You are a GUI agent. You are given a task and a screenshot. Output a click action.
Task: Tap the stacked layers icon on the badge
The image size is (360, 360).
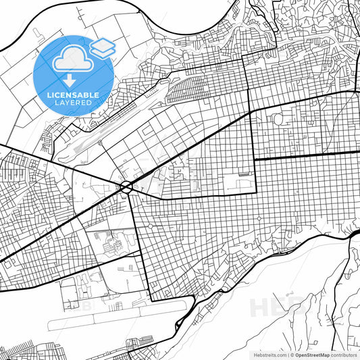103,48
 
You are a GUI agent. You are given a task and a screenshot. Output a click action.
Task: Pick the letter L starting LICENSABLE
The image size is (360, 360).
49,95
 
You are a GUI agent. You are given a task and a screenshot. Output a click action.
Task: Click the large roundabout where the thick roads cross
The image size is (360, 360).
126,187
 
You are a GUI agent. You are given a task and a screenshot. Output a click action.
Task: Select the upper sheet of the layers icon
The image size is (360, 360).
103,44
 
